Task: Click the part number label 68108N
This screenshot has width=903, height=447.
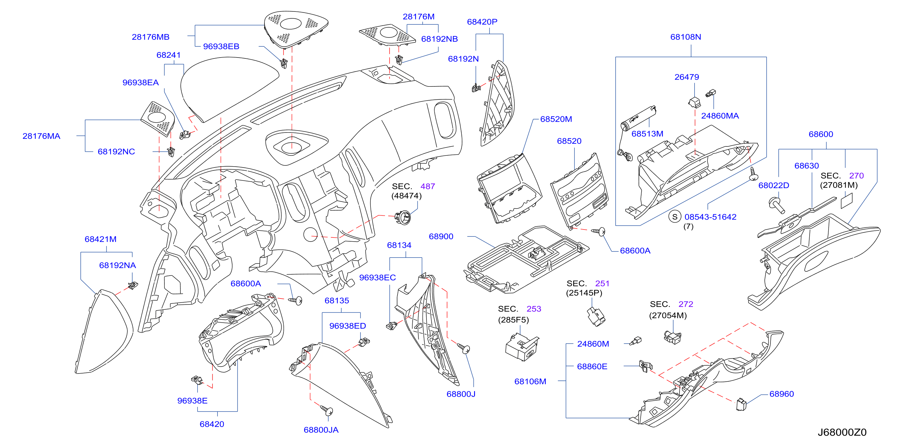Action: pos(685,37)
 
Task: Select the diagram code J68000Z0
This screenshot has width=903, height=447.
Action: pos(842,432)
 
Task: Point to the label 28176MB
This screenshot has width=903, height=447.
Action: pos(150,37)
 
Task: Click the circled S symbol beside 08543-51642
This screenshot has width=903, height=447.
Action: pos(674,217)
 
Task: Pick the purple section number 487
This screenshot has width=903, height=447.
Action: pos(427,186)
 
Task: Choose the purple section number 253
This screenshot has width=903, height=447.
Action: pos(533,308)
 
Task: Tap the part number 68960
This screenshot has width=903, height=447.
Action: pos(781,394)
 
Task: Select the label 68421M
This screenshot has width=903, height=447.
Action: pos(100,239)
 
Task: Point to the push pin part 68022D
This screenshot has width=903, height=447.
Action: pos(776,205)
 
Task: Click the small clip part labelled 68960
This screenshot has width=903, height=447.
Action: pos(741,404)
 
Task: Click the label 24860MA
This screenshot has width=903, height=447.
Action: pos(720,116)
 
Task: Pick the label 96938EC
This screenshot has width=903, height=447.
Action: pos(377,277)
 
